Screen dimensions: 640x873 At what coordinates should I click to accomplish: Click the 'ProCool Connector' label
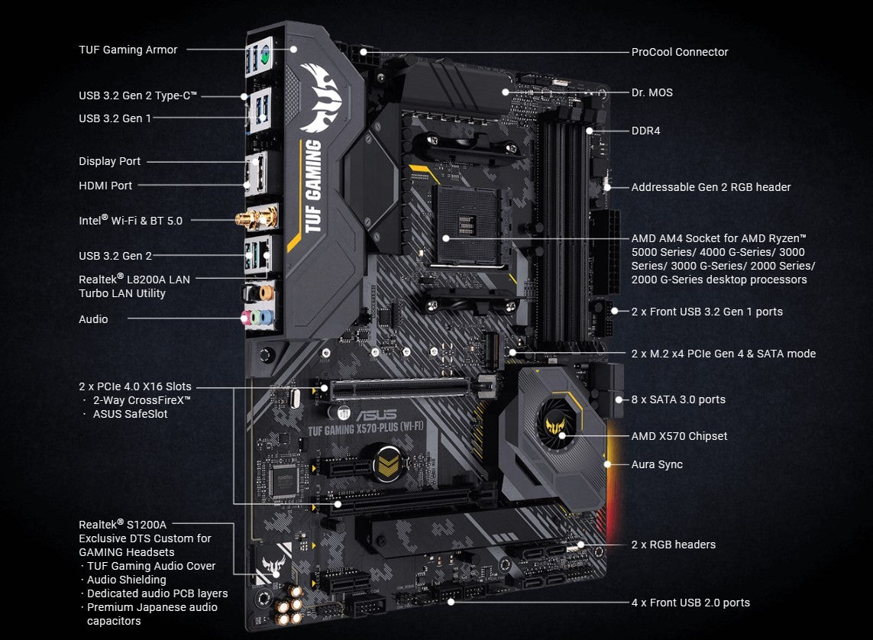point(679,52)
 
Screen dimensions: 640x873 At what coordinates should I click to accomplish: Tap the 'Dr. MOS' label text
point(652,92)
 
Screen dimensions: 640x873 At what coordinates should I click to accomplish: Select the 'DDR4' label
point(645,131)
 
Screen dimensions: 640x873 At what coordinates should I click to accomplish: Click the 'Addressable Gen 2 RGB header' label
point(710,187)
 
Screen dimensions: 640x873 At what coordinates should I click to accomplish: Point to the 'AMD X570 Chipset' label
point(679,436)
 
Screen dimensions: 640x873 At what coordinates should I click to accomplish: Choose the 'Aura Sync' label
point(657,464)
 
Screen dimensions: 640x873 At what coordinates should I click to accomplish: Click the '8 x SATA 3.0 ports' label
point(678,399)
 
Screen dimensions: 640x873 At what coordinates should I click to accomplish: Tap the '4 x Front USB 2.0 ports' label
point(690,603)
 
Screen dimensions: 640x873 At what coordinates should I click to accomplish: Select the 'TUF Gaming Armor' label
point(128,50)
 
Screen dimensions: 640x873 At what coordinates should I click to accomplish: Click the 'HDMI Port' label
point(105,186)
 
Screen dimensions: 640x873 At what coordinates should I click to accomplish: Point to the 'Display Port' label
point(109,161)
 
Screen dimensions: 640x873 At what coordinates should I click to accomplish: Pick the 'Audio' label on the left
point(93,319)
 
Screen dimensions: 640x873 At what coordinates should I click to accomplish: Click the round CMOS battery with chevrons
point(388,464)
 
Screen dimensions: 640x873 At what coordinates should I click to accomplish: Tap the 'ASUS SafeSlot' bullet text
point(130,414)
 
